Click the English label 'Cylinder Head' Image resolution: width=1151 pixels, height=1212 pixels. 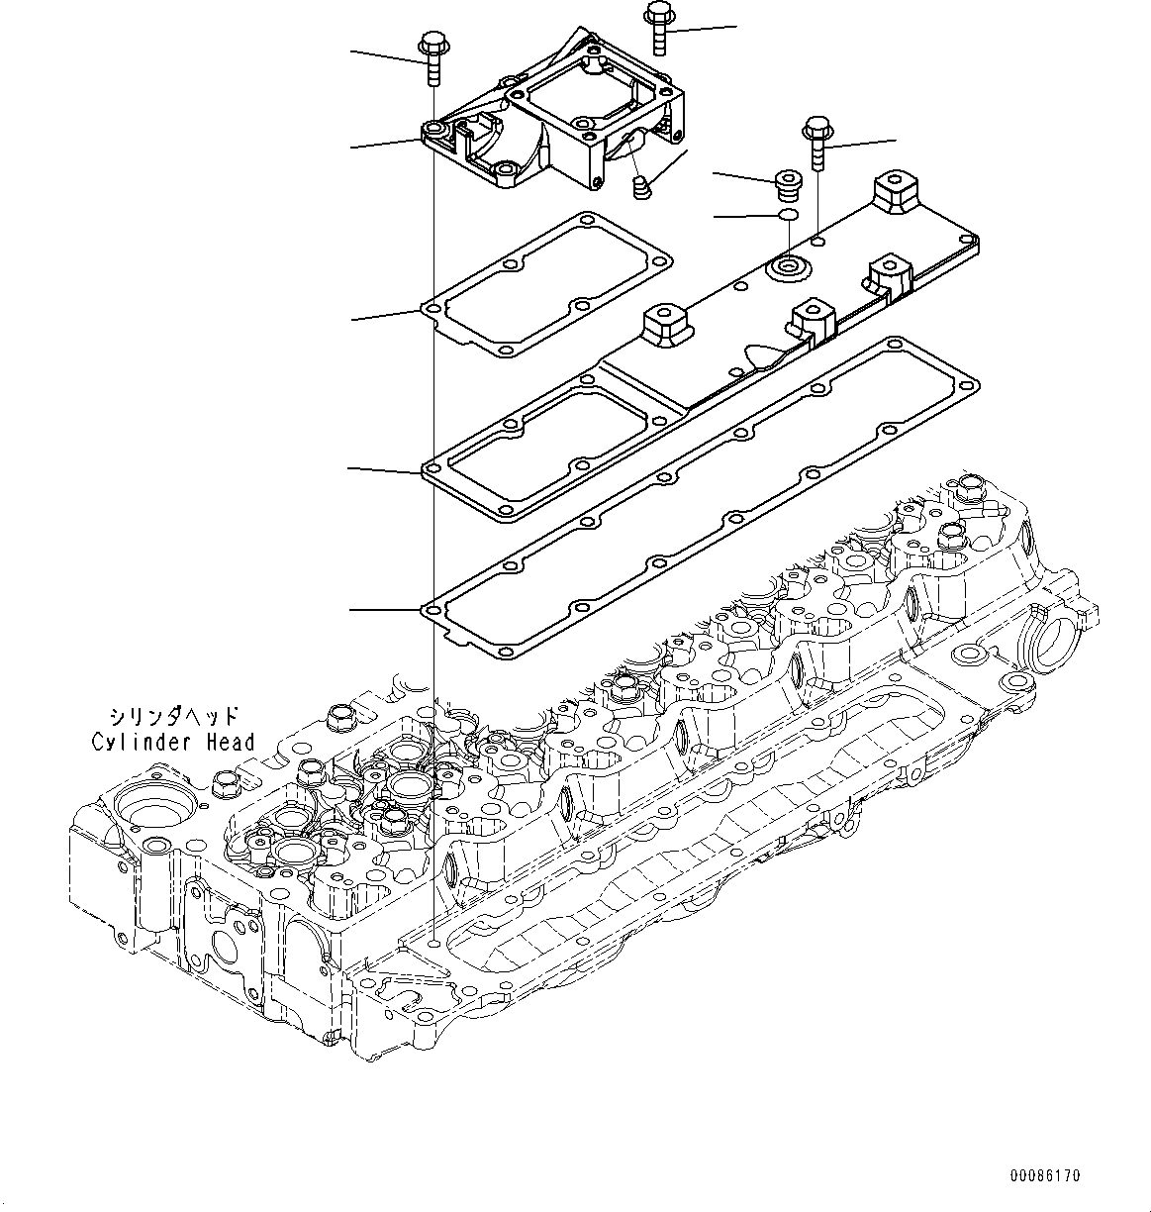click(173, 742)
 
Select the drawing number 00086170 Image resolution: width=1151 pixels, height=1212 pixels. click(1045, 1176)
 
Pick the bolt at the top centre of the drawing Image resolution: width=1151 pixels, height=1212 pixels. click(658, 26)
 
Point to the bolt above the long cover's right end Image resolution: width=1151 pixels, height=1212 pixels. click(817, 143)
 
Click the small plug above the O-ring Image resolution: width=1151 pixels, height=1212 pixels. click(788, 183)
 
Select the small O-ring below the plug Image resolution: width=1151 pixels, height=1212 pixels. click(789, 215)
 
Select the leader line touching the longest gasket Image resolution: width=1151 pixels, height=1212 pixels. click(386, 609)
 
